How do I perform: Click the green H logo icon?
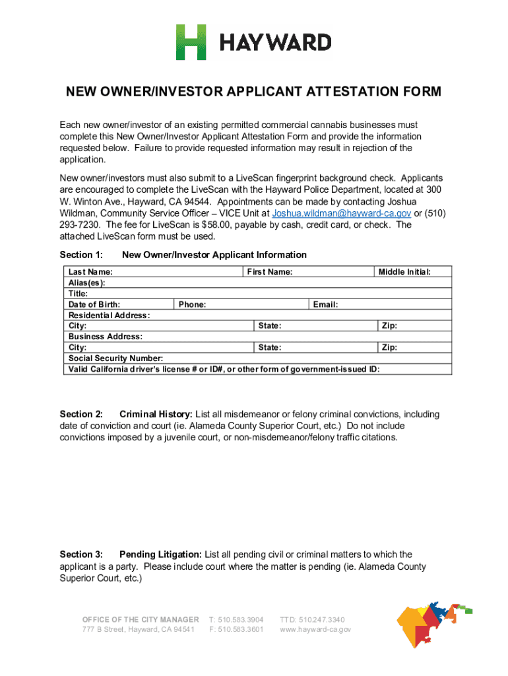click(x=191, y=42)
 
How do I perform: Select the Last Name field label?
click(x=90, y=272)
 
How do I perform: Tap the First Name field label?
click(x=270, y=272)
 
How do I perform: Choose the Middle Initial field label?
click(x=404, y=272)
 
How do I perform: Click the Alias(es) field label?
click(x=86, y=283)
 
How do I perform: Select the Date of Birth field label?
click(x=94, y=304)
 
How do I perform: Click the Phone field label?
click(x=192, y=304)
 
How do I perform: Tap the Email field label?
click(x=325, y=304)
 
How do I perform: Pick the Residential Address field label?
click(x=109, y=316)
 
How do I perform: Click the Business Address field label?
click(x=106, y=337)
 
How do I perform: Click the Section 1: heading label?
click(x=81, y=255)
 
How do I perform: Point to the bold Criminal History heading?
click(x=156, y=415)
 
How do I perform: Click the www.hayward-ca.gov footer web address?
click(x=315, y=630)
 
